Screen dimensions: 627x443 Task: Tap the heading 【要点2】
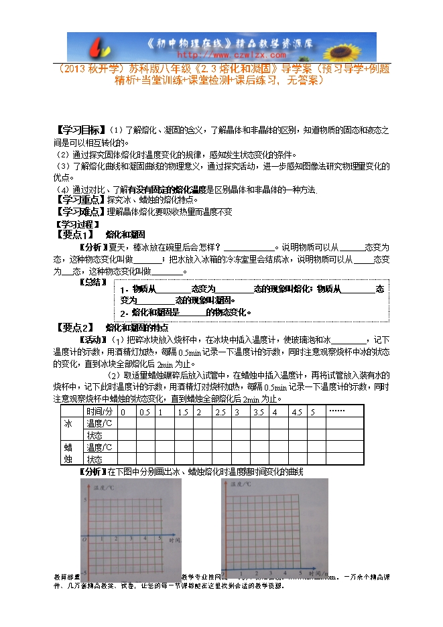(73, 327)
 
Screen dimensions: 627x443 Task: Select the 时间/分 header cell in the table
(101, 411)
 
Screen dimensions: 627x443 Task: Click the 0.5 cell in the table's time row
(144, 411)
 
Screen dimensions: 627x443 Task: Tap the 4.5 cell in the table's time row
(297, 411)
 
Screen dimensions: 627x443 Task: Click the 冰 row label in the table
(67, 423)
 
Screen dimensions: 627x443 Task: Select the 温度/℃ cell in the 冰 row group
(100, 423)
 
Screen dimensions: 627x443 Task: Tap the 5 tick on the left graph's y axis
(84, 500)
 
